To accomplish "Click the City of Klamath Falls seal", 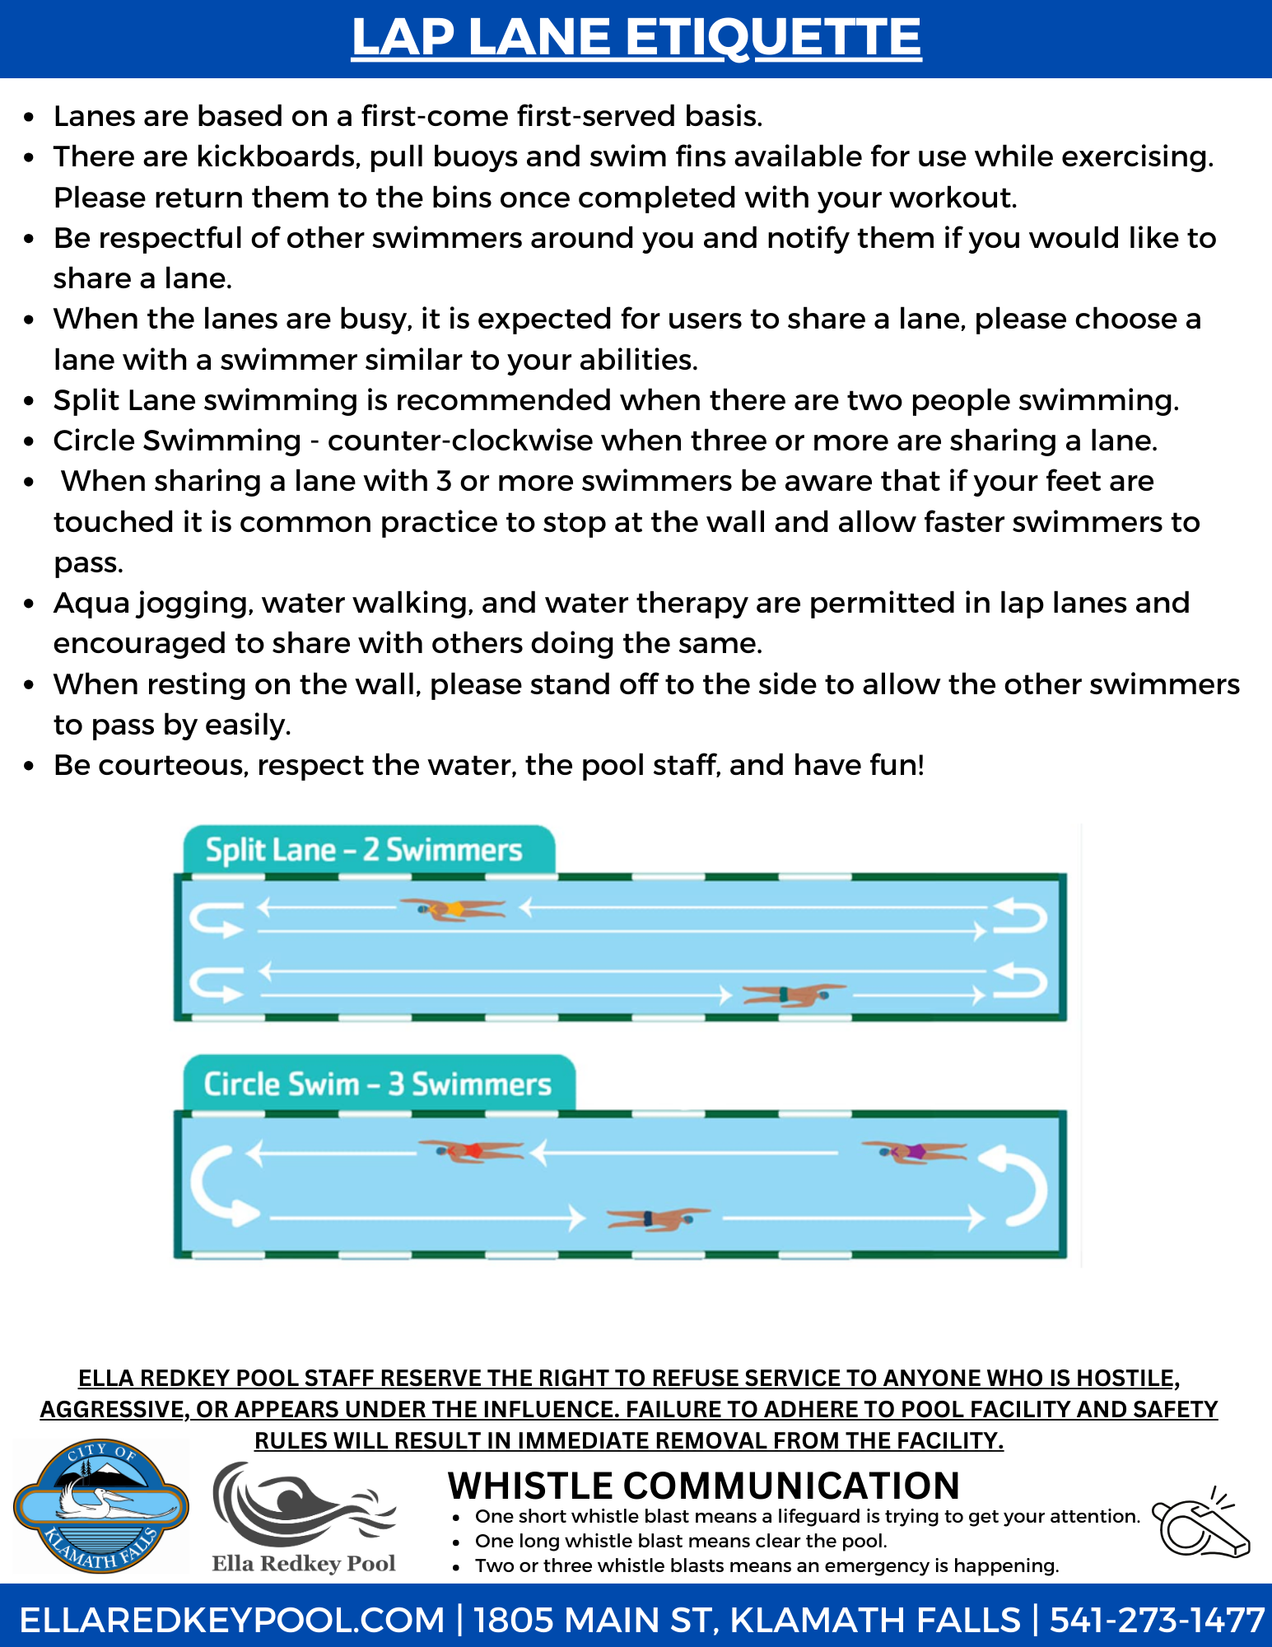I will pos(100,1507).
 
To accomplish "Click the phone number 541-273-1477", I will pos(1156,1620).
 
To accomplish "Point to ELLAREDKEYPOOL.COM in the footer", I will pos(232,1620).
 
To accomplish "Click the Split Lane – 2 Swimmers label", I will pos(364,850).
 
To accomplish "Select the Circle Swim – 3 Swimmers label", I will pos(377,1085).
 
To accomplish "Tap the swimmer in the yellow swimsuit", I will pos(452,909).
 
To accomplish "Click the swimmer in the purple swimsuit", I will pos(914,1151).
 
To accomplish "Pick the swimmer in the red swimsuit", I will pos(471,1150).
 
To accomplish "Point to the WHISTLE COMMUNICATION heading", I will pos(703,1486).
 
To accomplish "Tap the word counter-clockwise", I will pos(460,441).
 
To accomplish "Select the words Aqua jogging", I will pos(152,604).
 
